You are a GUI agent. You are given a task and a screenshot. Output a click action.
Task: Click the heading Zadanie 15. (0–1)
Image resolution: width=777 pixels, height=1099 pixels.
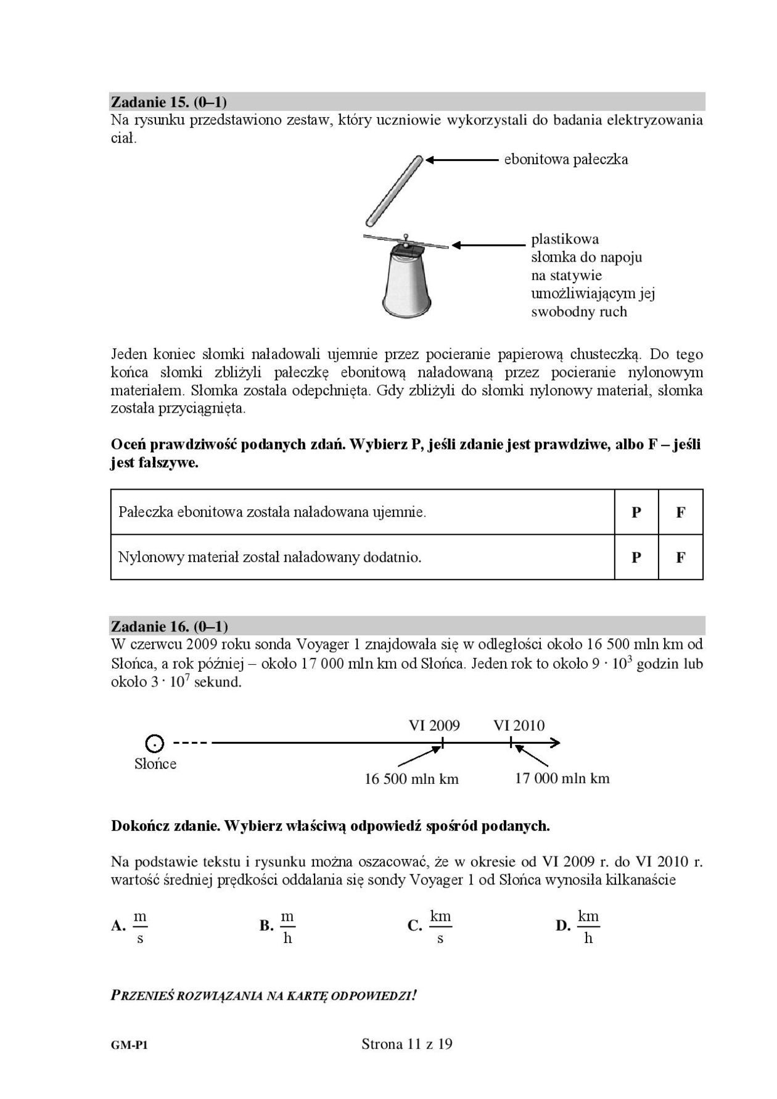tap(169, 102)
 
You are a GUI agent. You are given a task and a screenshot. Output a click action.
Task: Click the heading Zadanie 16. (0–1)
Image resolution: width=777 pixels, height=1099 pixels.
tap(170, 627)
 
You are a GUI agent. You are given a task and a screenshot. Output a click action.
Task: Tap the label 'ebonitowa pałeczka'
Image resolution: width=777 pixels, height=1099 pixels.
tap(565, 160)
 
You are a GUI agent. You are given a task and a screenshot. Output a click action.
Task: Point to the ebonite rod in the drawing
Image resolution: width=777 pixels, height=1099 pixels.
tap(393, 191)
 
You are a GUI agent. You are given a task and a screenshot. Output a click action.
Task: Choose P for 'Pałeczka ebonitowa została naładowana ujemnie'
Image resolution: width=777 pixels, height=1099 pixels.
tap(636, 512)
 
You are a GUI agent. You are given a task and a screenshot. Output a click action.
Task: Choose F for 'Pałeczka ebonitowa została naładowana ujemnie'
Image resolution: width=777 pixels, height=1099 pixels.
tap(681, 512)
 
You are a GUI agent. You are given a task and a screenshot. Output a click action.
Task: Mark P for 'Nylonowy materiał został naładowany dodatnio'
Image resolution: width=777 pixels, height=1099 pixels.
tap(636, 558)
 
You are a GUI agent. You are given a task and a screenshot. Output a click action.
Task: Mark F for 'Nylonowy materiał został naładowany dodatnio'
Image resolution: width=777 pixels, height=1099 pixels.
tap(681, 558)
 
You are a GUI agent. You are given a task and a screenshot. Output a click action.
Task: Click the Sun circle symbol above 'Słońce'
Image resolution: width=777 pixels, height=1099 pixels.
tap(155, 743)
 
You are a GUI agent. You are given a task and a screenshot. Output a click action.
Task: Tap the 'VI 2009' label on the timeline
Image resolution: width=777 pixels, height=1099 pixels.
tap(434, 725)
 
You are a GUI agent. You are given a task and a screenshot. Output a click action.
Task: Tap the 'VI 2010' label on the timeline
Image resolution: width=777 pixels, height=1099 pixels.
tap(519, 725)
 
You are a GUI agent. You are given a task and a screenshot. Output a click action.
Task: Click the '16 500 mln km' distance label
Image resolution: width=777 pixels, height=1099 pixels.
tap(411, 779)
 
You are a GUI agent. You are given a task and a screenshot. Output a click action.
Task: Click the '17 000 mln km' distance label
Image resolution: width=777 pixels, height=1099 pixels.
tap(562, 778)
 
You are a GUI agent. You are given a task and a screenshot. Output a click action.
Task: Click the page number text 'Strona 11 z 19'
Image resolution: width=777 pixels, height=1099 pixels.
tap(407, 1044)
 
